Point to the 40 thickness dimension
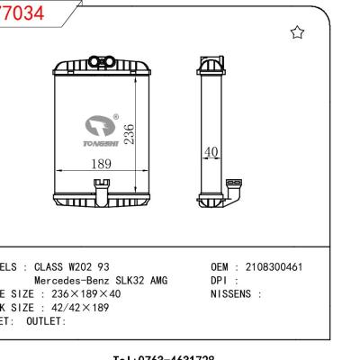(211, 153)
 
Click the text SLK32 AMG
(144, 281)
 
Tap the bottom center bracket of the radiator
(99, 191)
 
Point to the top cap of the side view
(210, 66)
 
